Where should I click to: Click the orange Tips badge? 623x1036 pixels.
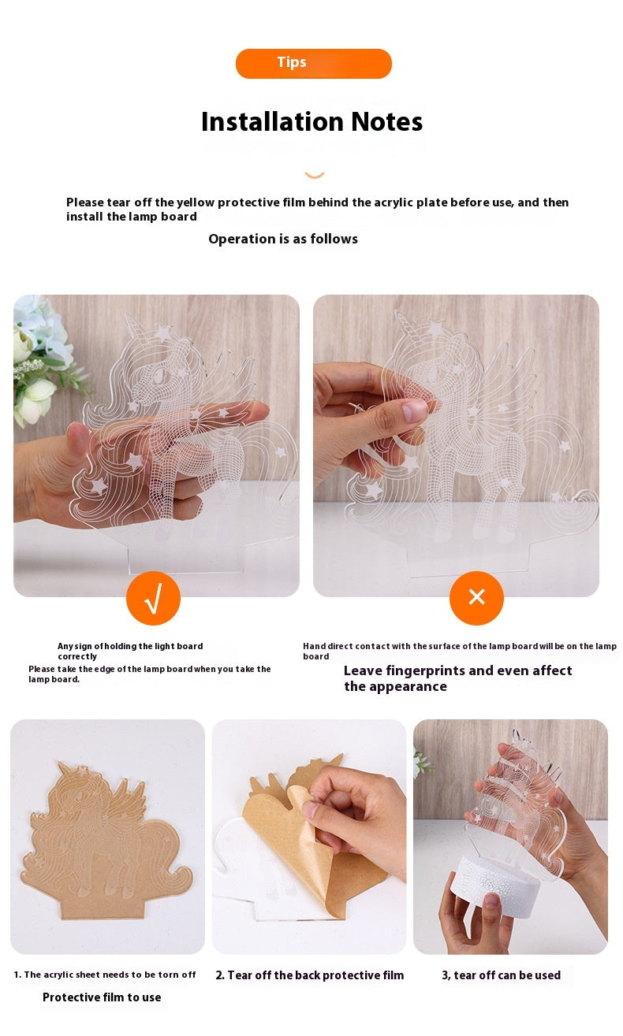point(313,63)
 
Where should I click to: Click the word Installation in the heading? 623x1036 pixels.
point(273,121)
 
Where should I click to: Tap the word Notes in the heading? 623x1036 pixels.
point(386,121)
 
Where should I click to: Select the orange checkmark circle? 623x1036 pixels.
point(153,597)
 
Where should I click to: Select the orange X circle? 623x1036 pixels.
point(476,597)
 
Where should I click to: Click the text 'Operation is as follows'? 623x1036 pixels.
point(283,240)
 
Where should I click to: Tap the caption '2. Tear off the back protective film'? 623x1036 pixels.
point(310,975)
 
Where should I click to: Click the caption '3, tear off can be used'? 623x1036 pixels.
point(501,975)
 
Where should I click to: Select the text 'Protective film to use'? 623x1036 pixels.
point(102,997)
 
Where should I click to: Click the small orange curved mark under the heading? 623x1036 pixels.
point(315,175)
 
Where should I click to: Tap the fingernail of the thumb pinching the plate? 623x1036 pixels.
point(415,410)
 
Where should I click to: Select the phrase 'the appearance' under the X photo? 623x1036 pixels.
point(395,687)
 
